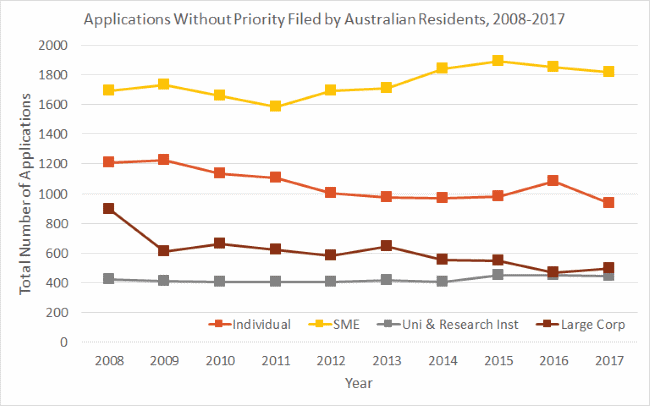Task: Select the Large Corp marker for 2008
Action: tap(108, 209)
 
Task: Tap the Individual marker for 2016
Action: tap(553, 181)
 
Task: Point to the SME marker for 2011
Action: tap(275, 106)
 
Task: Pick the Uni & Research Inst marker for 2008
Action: tap(108, 279)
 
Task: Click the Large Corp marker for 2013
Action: tap(386, 246)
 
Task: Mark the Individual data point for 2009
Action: tap(164, 160)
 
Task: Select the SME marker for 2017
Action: tap(608, 72)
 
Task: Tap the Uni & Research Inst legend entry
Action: tap(433, 324)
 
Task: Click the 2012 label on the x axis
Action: tap(330, 360)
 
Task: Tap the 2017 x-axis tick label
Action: tap(608, 360)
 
